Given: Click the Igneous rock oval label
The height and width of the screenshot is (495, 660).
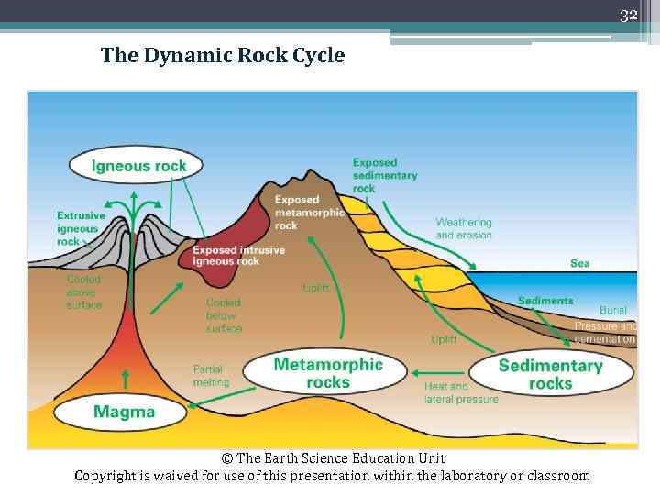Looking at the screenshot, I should tap(138, 166).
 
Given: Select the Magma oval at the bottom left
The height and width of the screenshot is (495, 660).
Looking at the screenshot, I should tap(124, 412).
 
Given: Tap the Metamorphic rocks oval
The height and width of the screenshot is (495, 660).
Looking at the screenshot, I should tap(327, 372).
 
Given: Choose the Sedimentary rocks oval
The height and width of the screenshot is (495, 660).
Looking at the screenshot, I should tap(550, 374).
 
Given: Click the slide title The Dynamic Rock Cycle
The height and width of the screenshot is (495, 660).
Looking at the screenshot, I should tap(223, 56).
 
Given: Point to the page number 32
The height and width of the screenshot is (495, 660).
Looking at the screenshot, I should tap(628, 16).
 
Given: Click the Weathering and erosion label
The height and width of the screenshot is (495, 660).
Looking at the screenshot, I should tap(464, 228).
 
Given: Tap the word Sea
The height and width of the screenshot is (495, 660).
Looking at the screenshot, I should tap(579, 263).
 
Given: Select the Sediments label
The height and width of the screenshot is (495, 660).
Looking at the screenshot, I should tap(544, 300).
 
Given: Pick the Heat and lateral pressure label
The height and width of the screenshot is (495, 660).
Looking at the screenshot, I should tap(461, 392).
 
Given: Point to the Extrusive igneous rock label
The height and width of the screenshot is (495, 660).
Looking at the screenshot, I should tap(80, 228).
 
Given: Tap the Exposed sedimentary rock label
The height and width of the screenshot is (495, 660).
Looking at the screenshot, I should tap(384, 175).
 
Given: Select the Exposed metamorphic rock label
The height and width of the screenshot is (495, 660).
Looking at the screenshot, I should tap(309, 212).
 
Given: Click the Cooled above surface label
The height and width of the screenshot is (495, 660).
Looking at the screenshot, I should tap(83, 291).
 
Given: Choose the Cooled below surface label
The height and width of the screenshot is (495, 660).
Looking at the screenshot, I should tap(224, 314).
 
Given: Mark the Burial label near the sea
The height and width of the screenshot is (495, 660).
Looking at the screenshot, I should tap(612, 311).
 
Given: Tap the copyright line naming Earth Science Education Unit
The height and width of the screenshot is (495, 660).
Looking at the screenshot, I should tap(333, 457).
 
